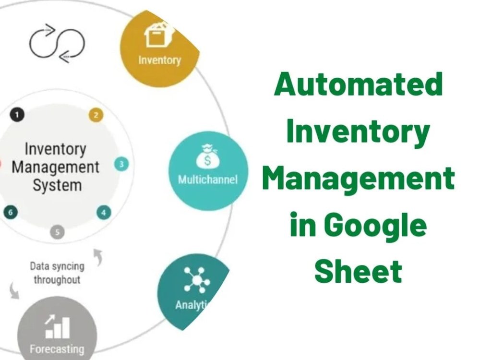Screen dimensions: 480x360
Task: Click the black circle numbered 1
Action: pos(17,115)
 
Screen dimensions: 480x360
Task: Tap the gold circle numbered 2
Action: pos(96,115)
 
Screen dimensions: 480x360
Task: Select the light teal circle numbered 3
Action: pos(121,164)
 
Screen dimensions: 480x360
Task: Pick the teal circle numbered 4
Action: pos(104,213)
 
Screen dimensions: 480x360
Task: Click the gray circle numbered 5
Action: pos(57,232)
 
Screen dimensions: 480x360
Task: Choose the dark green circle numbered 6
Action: pos(11,212)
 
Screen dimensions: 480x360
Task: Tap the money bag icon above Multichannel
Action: pos(207,156)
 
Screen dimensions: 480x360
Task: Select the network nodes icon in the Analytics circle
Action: pos(196,280)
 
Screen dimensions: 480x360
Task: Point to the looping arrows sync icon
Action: pos(57,43)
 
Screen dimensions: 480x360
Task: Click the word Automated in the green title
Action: pos(358,84)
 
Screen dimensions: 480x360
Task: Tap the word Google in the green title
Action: pos(375,226)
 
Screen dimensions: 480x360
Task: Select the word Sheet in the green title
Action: pos(358,271)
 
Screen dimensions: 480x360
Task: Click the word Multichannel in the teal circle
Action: pos(207,180)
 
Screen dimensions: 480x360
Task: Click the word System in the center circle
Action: pos(57,185)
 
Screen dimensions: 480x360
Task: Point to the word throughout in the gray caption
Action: pos(57,280)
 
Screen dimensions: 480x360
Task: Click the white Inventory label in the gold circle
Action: pos(159,60)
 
